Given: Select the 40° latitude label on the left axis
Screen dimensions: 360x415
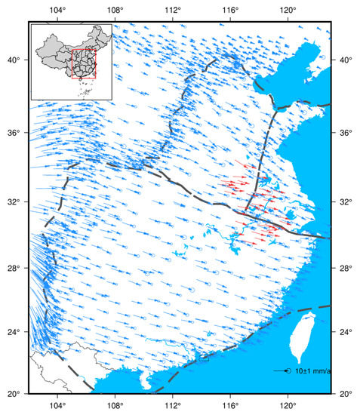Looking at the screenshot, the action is point(15,60).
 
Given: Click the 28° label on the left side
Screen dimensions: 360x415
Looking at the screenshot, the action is point(15,269).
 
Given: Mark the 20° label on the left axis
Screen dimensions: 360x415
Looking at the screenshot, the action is point(15,394).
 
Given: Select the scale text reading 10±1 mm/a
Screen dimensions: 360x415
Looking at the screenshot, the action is point(313,371).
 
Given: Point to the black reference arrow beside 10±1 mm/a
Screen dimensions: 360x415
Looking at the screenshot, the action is point(282,371).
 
